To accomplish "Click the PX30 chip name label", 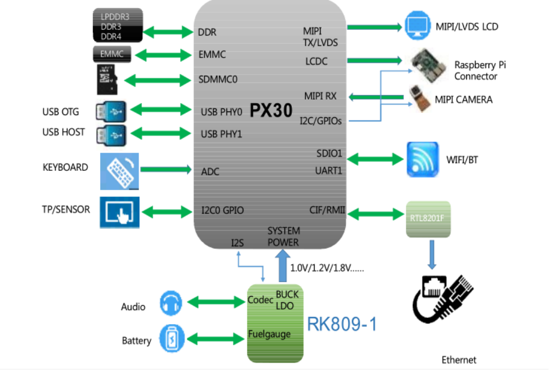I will coord(271,110).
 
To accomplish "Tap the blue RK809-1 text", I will coord(342,324).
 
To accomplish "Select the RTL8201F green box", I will coord(428,219).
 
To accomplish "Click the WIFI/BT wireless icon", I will coord(423,160).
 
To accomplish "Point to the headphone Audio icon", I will coord(171,303).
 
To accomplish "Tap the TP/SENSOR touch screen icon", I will coord(119,212).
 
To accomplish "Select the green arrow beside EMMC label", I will coord(163,55).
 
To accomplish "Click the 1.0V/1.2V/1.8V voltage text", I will coord(327,268).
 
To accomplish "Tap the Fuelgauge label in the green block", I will coord(269,334).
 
